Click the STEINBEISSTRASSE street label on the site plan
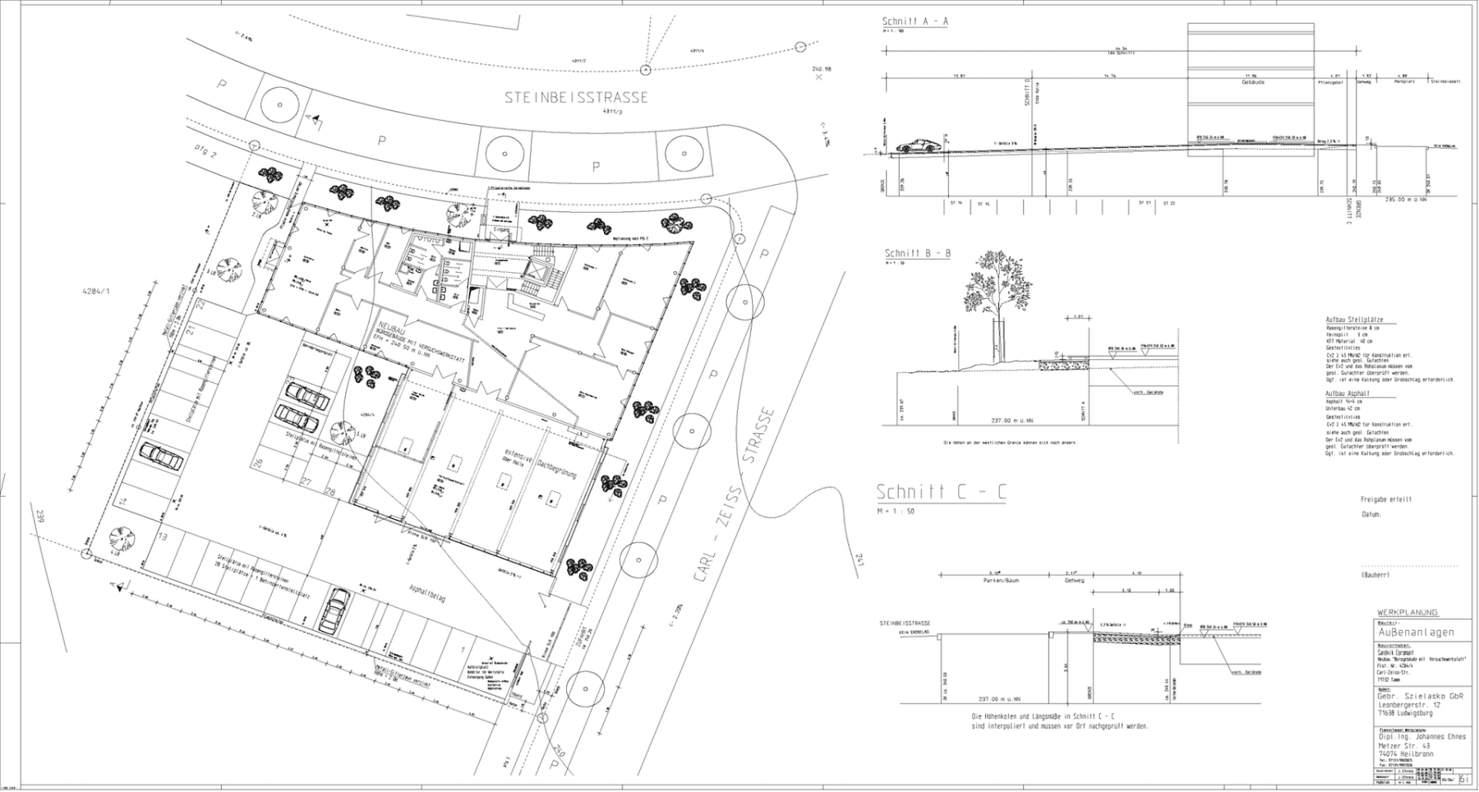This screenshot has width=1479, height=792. coord(576,97)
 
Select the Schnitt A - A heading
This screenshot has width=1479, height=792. coord(915,21)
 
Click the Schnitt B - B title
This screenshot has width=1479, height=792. coord(917,253)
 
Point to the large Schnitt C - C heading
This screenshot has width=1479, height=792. coord(941,492)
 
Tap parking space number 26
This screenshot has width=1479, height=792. coord(258,464)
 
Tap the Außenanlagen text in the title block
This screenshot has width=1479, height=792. coord(1416,632)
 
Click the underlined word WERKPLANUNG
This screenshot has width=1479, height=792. coord(1408,612)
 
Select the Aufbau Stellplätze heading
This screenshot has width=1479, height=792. coord(1353,320)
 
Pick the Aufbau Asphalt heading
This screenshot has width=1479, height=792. coord(1348,394)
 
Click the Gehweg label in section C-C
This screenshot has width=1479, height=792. coord(1074,580)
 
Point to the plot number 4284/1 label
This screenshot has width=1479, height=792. coord(96,291)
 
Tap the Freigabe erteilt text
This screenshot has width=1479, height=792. coord(1385,500)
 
